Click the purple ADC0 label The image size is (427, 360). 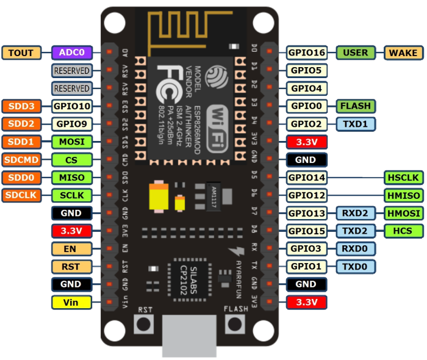point(71,52)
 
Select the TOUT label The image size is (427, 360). point(21,52)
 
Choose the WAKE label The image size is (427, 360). point(403,52)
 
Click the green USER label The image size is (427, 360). point(356,52)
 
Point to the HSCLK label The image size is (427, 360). point(403,178)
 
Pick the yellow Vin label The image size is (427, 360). point(71,302)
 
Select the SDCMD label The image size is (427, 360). point(21,160)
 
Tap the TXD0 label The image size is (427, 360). point(356,267)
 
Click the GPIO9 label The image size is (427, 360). point(71,124)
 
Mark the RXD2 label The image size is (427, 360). point(356,213)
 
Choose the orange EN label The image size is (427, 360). point(71,249)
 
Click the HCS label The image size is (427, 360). point(403,231)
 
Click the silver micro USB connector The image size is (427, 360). point(190,336)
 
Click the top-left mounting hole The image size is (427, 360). point(113,23)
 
